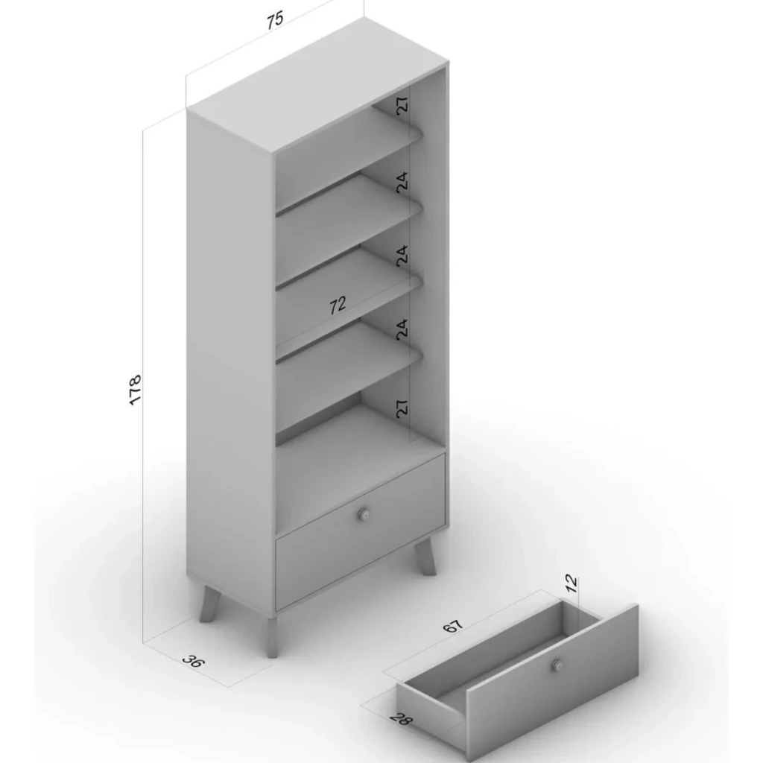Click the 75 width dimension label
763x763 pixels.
[x=275, y=20]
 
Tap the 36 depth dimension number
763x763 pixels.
[x=194, y=661]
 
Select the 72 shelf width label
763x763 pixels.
[x=338, y=305]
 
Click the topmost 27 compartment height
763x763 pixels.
[x=402, y=106]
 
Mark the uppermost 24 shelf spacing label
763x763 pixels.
[x=402, y=182]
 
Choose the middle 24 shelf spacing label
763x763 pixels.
[x=402, y=256]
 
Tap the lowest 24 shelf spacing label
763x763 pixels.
[x=402, y=329]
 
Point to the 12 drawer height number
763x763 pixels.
[x=572, y=583]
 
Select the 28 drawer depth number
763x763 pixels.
[x=400, y=718]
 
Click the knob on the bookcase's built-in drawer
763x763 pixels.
[x=364, y=514]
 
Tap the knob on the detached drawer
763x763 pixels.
[x=557, y=665]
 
